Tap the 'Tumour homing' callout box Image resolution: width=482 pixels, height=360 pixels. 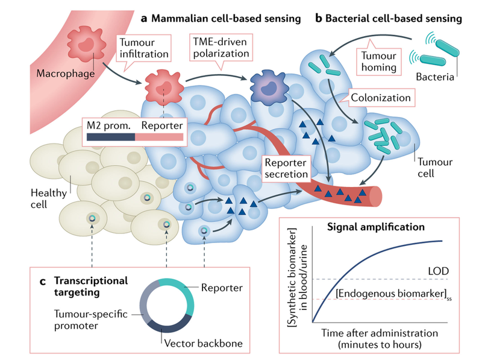(x=378, y=60)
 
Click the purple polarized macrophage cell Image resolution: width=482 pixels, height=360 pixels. (x=264, y=87)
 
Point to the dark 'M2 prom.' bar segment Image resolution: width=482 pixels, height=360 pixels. (x=110, y=137)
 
